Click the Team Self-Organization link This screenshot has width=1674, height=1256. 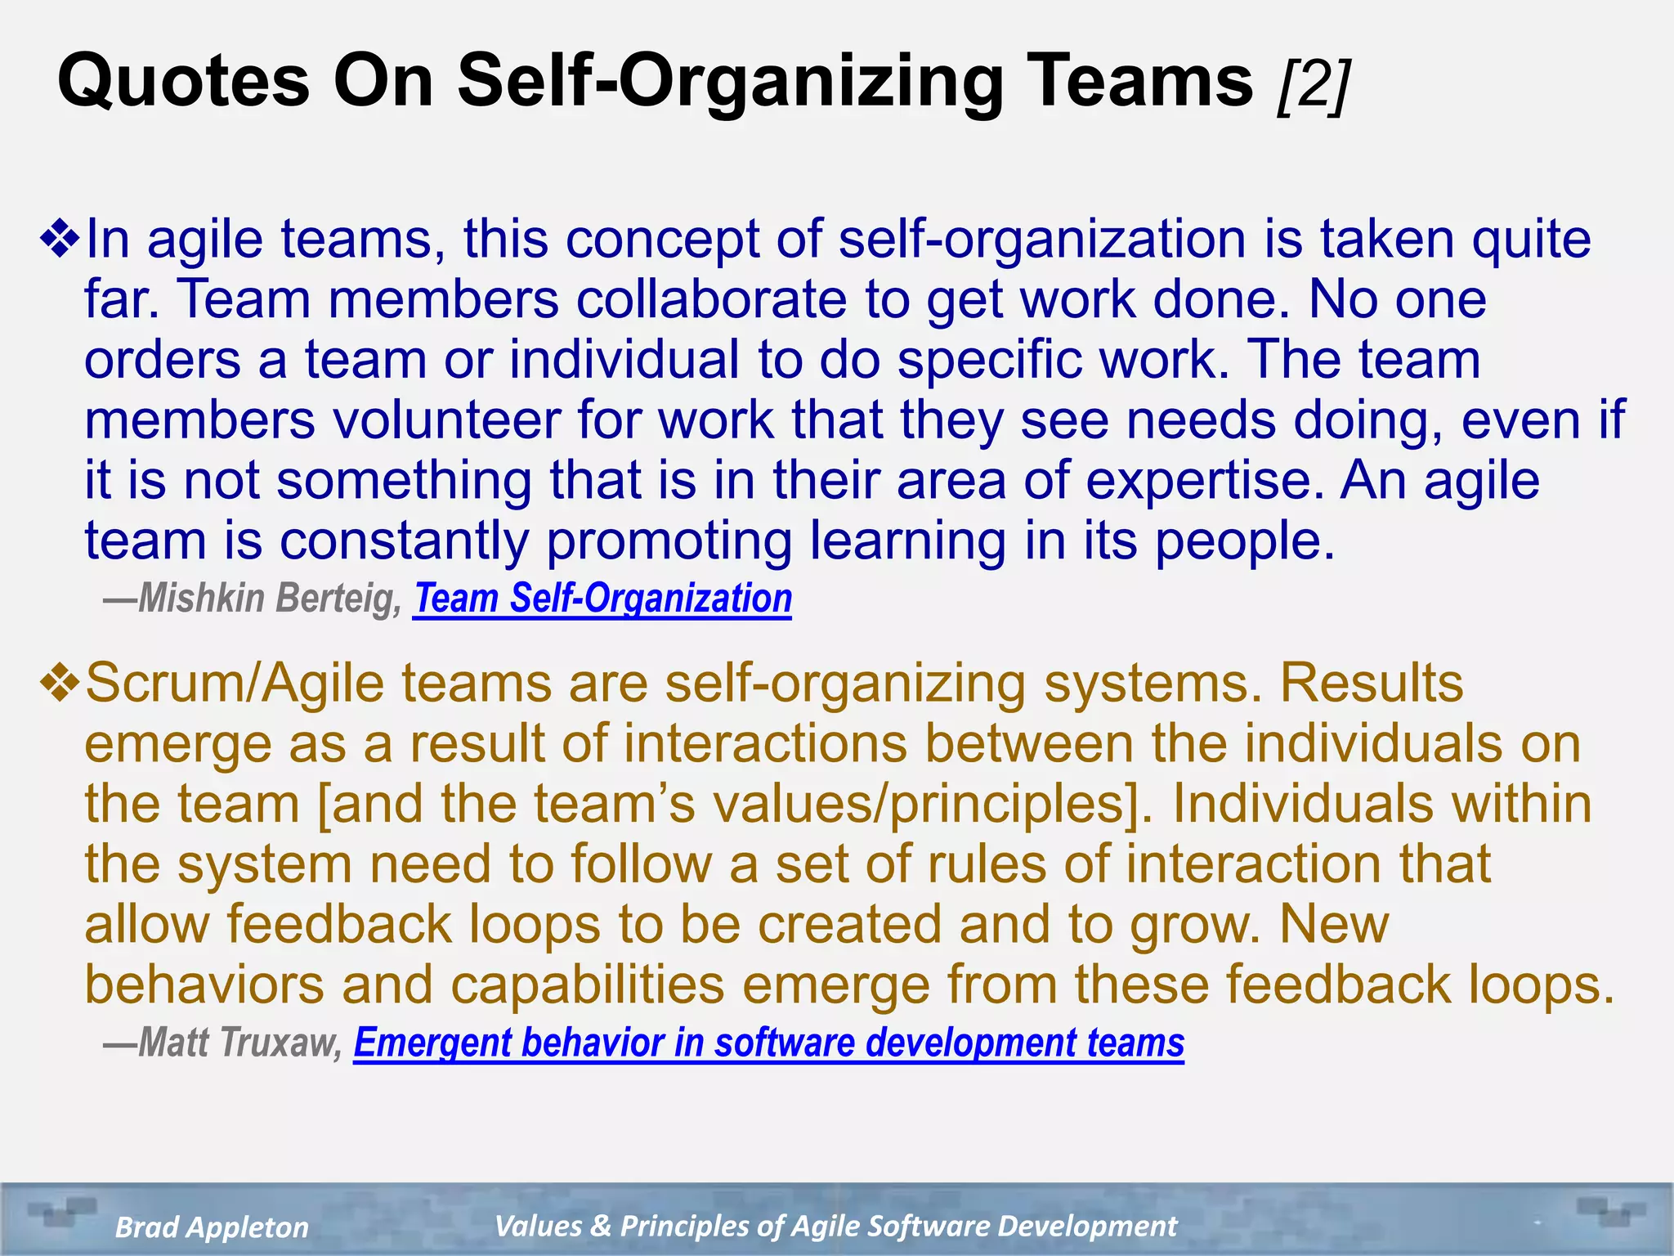coord(602,598)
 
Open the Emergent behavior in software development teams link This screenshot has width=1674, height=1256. coord(768,1043)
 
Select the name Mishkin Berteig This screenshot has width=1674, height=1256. coord(269,598)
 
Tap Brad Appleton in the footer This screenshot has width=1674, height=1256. coord(212,1227)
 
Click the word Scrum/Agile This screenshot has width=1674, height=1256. coord(235,683)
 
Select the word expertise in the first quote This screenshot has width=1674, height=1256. coord(1205,480)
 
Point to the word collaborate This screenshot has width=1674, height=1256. coord(711,299)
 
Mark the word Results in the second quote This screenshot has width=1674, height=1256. coord(1371,683)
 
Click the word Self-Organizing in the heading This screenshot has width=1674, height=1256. coord(729,82)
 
